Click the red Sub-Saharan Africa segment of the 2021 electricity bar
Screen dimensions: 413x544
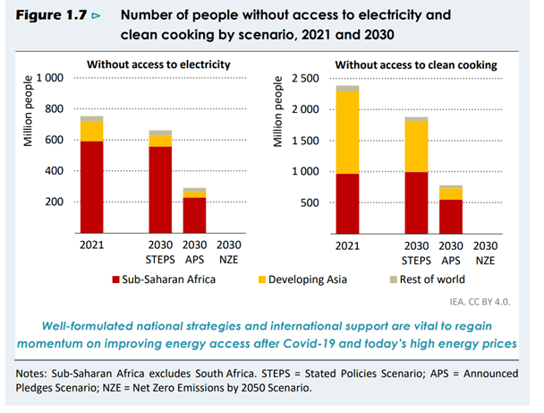pos(91,186)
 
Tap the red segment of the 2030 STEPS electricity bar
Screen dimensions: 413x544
pos(160,188)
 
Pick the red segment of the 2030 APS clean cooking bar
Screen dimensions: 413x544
pos(450,216)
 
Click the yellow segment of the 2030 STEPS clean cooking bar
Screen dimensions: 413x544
pos(416,146)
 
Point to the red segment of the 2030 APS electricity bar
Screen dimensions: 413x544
pos(194,215)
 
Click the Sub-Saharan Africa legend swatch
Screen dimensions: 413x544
pos(113,280)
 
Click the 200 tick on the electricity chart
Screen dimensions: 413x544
pos(54,202)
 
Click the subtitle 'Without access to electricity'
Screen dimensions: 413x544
pos(158,64)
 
